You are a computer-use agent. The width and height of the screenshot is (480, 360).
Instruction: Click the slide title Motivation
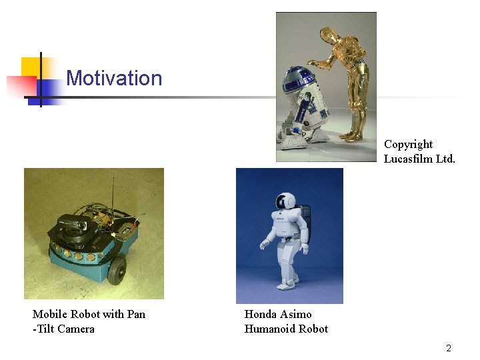coord(114,79)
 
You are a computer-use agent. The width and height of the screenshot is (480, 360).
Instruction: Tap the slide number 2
coord(449,348)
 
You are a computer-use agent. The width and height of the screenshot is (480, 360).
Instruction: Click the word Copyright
coord(408,145)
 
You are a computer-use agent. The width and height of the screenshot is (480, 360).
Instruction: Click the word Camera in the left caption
coord(75,329)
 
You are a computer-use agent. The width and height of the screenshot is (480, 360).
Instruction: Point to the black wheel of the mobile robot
coord(117,268)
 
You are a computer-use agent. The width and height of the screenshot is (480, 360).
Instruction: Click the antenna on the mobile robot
coord(113,193)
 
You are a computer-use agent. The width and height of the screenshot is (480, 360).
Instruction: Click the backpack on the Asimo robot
coord(305,214)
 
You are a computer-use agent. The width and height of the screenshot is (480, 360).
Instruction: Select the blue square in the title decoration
coord(51,91)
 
